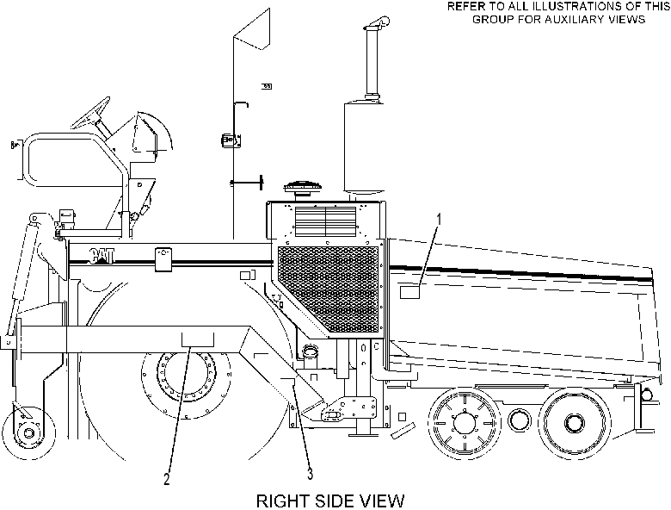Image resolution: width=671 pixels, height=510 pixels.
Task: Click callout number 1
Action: click(x=438, y=220)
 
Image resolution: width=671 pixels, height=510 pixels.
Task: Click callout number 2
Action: click(x=167, y=479)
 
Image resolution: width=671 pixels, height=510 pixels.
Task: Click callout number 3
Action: click(x=310, y=474)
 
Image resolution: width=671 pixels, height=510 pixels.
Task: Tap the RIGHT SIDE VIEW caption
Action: click(x=330, y=501)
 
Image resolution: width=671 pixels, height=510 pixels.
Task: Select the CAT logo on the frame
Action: click(x=102, y=256)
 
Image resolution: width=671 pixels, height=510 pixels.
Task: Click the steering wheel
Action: click(x=91, y=113)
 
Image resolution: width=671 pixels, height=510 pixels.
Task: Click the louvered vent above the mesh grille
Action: click(x=326, y=221)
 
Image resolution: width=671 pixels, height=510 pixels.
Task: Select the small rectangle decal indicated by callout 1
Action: click(x=409, y=292)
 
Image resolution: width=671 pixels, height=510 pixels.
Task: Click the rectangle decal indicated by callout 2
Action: click(x=198, y=339)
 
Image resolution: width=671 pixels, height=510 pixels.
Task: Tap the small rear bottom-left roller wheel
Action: click(x=28, y=432)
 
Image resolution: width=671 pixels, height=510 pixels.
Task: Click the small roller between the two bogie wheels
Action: click(x=519, y=420)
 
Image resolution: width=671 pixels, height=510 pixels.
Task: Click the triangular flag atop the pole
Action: click(x=252, y=28)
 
